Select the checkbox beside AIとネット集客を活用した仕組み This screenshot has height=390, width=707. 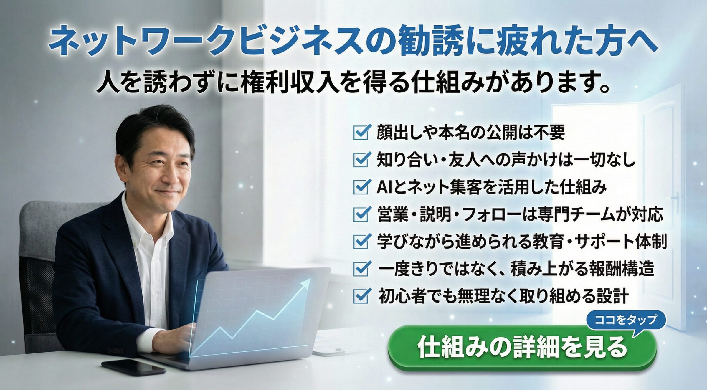361,186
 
